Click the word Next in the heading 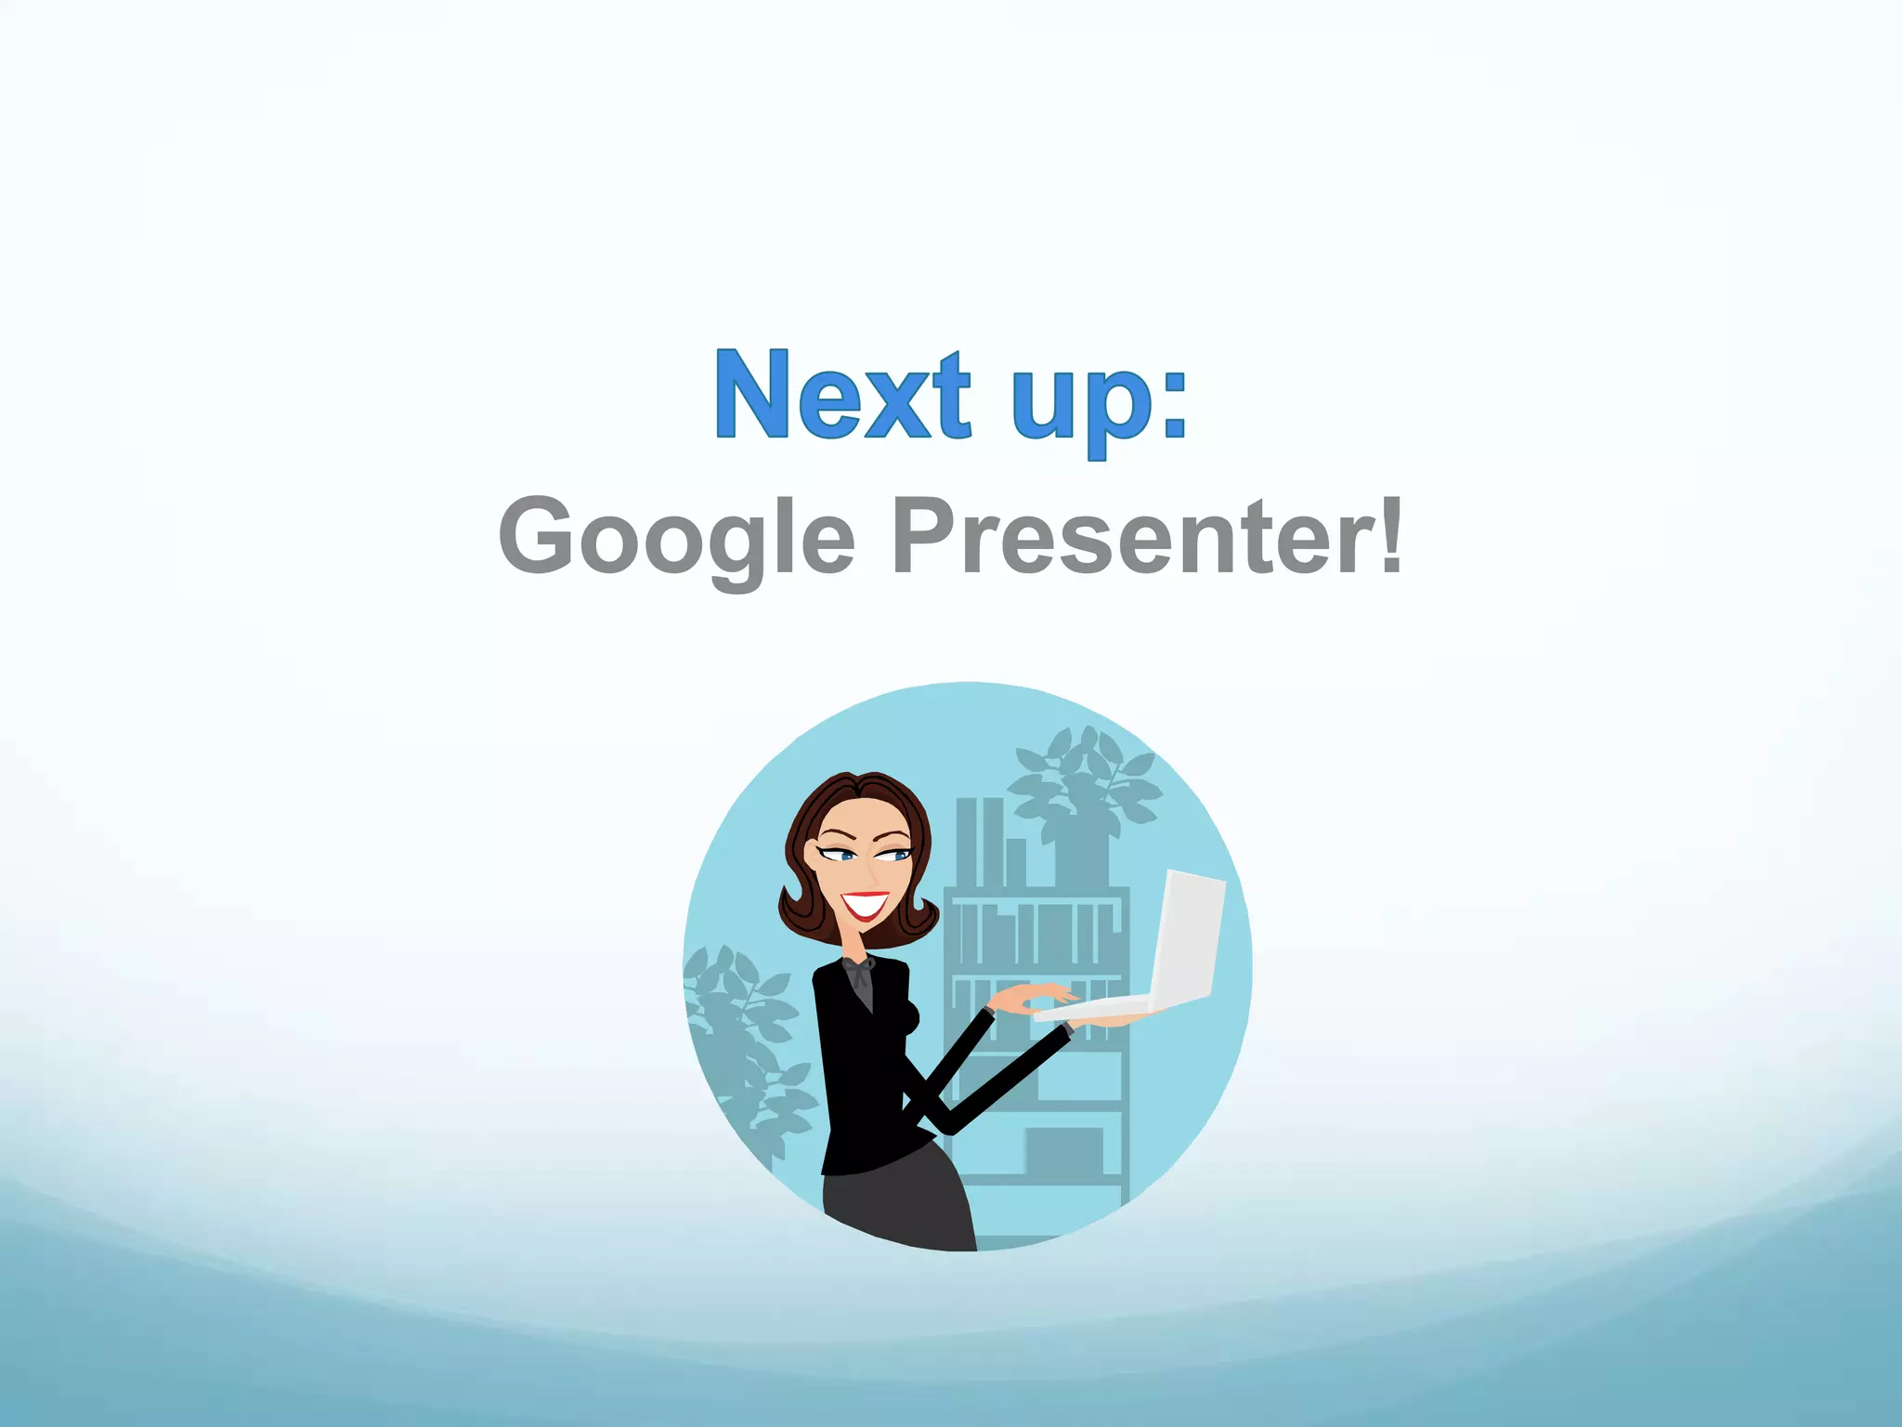(841, 395)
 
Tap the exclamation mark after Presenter (1390, 533)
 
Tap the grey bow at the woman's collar (860, 975)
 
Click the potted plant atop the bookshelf (1083, 799)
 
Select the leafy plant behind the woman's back (743, 1041)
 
